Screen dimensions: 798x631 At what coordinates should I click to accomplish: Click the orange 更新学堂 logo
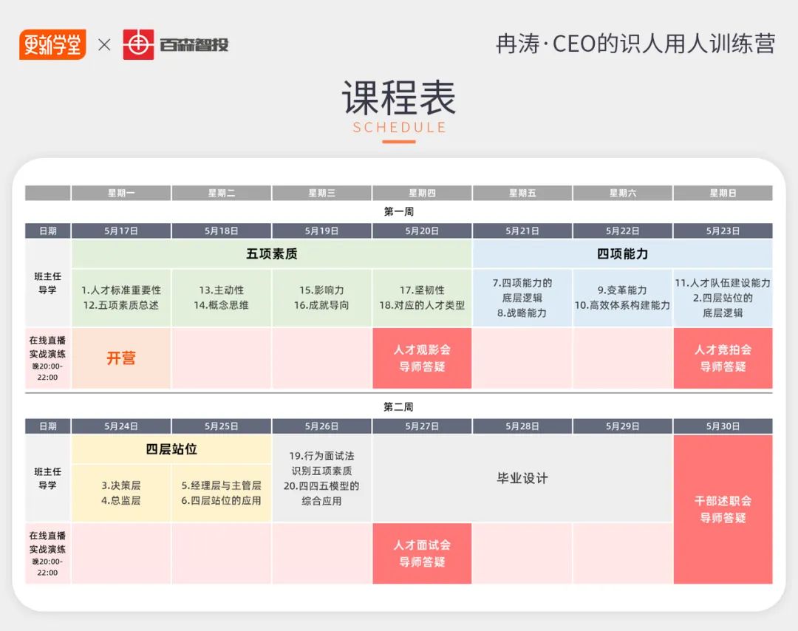click(x=52, y=45)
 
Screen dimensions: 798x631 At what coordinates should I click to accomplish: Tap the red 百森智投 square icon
click(x=138, y=45)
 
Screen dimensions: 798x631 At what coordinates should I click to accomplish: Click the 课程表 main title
click(x=398, y=98)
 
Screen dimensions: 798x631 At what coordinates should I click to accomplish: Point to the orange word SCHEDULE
click(x=399, y=127)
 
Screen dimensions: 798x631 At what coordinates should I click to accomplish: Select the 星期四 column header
click(x=422, y=193)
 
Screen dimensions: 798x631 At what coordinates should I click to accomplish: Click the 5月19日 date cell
click(x=321, y=231)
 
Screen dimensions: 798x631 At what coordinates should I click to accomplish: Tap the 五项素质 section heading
click(x=272, y=254)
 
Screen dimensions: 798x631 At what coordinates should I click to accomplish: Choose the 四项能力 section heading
click(x=622, y=254)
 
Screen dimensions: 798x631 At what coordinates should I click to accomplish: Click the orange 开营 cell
click(x=121, y=358)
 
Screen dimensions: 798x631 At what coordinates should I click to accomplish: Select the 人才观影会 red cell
click(x=422, y=358)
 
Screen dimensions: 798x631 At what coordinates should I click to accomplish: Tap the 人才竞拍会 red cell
click(x=723, y=358)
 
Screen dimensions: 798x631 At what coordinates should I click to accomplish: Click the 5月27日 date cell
click(x=422, y=426)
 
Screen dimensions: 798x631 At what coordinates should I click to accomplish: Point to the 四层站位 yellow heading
click(x=171, y=449)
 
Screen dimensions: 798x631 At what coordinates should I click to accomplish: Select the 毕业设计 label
click(x=522, y=478)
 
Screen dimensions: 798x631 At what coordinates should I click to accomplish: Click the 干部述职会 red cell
click(x=723, y=509)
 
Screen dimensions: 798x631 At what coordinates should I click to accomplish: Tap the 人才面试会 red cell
click(x=422, y=553)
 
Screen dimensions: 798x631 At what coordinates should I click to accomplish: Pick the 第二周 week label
click(x=398, y=406)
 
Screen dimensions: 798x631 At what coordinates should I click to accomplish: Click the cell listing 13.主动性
click(x=222, y=298)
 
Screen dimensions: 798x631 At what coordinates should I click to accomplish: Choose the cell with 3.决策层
click(x=121, y=493)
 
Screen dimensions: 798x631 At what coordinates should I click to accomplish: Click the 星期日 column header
click(x=723, y=193)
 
